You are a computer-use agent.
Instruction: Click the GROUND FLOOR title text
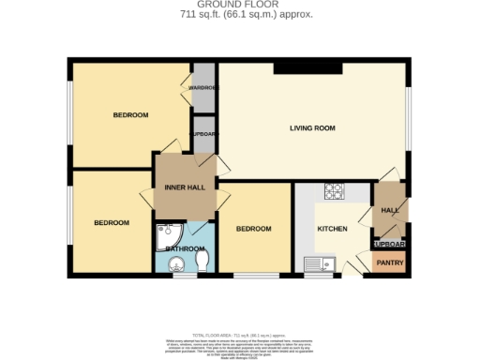[x=241, y=6]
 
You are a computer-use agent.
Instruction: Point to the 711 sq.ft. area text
[x=241, y=15]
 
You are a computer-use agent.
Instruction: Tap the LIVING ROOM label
[x=311, y=128]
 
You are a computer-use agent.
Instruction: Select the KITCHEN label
[x=333, y=229]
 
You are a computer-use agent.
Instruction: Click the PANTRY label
[x=390, y=263]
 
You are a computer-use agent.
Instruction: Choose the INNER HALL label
[x=185, y=187]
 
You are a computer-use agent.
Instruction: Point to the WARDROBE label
[x=203, y=88]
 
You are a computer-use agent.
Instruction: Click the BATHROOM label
[x=185, y=249]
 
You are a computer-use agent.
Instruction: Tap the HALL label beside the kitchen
[x=390, y=211]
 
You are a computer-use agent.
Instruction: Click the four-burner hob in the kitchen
[x=335, y=191]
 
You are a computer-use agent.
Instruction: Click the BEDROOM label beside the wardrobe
[x=130, y=115]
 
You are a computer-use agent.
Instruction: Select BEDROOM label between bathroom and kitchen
[x=253, y=229]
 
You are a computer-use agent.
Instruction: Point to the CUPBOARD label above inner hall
[x=203, y=134]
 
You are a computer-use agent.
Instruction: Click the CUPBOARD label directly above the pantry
[x=390, y=244]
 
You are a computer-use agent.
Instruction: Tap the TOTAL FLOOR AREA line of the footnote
[x=241, y=335]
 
